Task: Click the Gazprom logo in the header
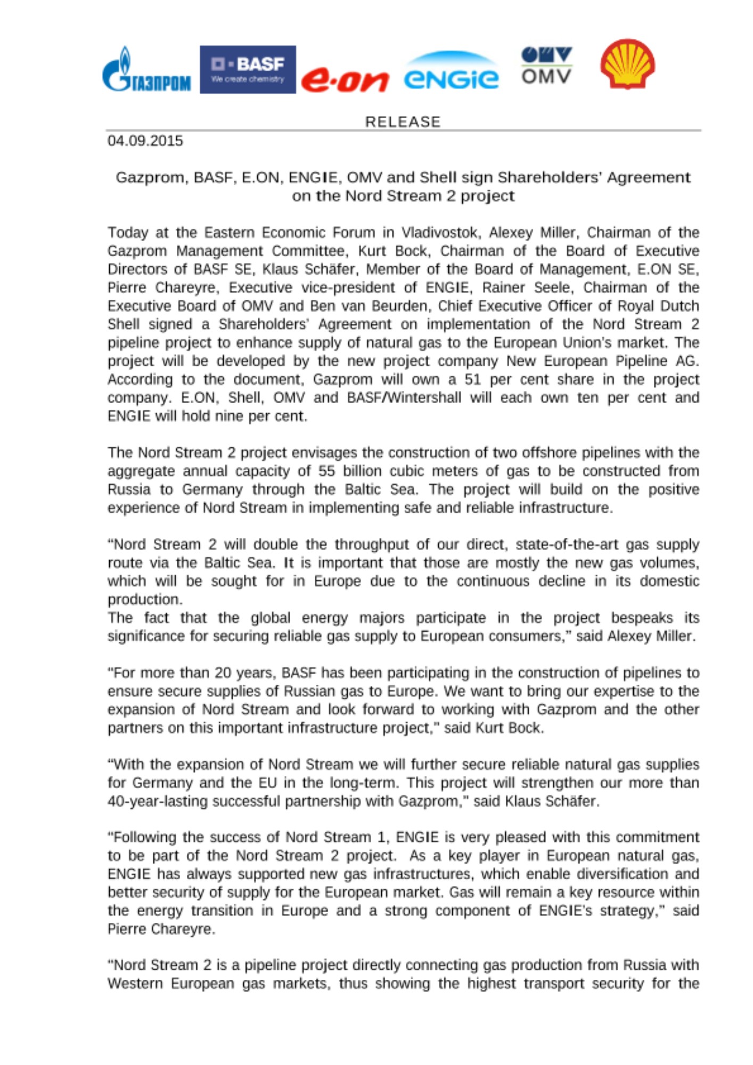click(x=146, y=70)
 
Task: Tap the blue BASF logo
click(x=248, y=70)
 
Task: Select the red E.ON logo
click(x=345, y=80)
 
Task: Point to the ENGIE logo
click(x=451, y=72)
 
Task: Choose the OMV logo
click(x=546, y=65)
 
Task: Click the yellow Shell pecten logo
click(x=627, y=63)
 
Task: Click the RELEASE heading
click(x=403, y=122)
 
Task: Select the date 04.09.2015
click(x=145, y=141)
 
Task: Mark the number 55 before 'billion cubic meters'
click(x=327, y=471)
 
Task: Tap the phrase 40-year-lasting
click(x=158, y=801)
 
